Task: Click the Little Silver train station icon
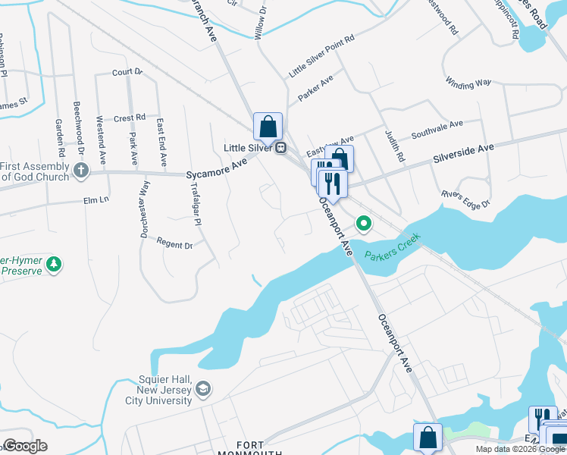pyautogui.click(x=281, y=148)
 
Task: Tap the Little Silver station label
pyautogui.click(x=248, y=148)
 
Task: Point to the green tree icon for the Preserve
pyautogui.click(x=53, y=264)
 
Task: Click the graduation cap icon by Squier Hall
pyautogui.click(x=202, y=390)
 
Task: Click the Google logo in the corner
pyautogui.click(x=25, y=446)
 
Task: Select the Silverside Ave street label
pyautogui.click(x=463, y=152)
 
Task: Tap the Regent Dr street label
pyautogui.click(x=174, y=244)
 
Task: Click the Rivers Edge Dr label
pyautogui.click(x=465, y=199)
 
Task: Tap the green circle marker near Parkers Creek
pyautogui.click(x=364, y=224)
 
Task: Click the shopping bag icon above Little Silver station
pyautogui.click(x=268, y=126)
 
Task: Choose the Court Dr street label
pyautogui.click(x=127, y=72)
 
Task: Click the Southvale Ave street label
pyautogui.click(x=437, y=129)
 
